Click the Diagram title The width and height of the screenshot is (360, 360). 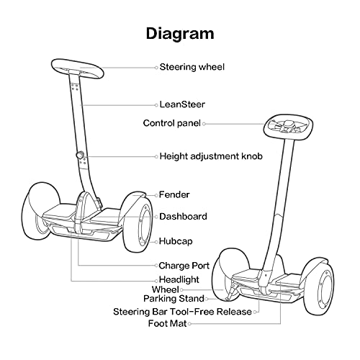(x=180, y=33)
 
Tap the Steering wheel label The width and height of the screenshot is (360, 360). (x=192, y=67)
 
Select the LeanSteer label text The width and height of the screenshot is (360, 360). (x=182, y=104)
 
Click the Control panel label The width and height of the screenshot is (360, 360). (x=172, y=123)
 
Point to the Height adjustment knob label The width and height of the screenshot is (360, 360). (x=210, y=156)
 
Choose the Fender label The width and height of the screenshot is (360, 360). (x=174, y=194)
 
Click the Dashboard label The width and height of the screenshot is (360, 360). (x=183, y=216)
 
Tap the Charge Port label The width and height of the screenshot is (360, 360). (x=184, y=265)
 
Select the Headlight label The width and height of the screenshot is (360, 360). (x=179, y=279)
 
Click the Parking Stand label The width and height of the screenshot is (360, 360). (x=174, y=298)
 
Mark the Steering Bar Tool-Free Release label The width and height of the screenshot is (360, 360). (x=183, y=312)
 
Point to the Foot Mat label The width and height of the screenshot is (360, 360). (x=168, y=324)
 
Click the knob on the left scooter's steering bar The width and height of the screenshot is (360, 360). (x=80, y=156)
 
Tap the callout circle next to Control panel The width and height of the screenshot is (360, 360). (x=204, y=123)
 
